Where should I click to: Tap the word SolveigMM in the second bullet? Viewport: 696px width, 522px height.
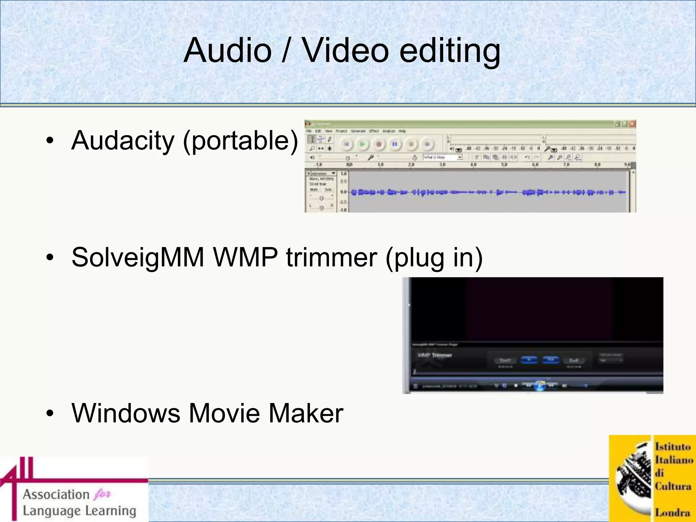(x=138, y=257)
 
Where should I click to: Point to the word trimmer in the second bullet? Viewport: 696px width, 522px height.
(x=331, y=257)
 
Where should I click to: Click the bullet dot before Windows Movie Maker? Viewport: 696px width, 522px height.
(x=50, y=413)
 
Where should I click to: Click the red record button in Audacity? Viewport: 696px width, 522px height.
(x=379, y=144)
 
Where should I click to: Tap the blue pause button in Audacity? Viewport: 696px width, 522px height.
(x=395, y=144)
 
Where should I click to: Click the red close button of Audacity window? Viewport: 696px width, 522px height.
(x=632, y=124)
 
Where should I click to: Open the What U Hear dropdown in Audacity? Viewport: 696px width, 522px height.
(x=459, y=157)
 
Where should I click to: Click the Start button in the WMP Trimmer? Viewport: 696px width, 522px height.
(x=505, y=360)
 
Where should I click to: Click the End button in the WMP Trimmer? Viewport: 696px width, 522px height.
(x=574, y=360)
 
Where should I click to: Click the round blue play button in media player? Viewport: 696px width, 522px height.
(x=540, y=386)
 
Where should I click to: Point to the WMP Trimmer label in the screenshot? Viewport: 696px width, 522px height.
(x=435, y=355)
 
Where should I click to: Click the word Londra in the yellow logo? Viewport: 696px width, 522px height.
(x=673, y=512)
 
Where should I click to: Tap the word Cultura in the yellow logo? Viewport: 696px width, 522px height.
(x=673, y=486)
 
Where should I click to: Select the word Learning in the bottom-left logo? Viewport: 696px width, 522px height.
(x=110, y=511)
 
